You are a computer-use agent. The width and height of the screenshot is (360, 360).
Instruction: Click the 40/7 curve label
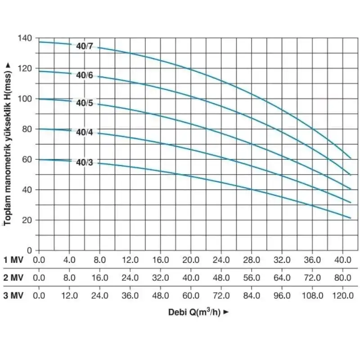84,45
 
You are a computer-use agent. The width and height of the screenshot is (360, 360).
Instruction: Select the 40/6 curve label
84,75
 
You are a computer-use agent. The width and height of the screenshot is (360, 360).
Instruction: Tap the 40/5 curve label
84,103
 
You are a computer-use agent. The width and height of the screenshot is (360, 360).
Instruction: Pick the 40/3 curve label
84,162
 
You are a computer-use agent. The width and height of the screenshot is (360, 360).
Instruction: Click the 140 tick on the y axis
26,38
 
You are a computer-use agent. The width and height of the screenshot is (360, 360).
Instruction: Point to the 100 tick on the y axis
26,99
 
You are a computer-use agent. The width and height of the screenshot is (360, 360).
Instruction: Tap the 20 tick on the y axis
28,220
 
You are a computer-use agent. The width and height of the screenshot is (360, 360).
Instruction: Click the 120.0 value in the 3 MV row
342,296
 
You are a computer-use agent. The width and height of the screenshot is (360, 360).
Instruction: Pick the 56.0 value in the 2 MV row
251,278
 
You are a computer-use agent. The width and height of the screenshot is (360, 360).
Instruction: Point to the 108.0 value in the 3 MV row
312,296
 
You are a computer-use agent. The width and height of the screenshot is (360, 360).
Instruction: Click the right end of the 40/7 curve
351,158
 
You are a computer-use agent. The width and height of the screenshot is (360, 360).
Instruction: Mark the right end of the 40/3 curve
351,218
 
